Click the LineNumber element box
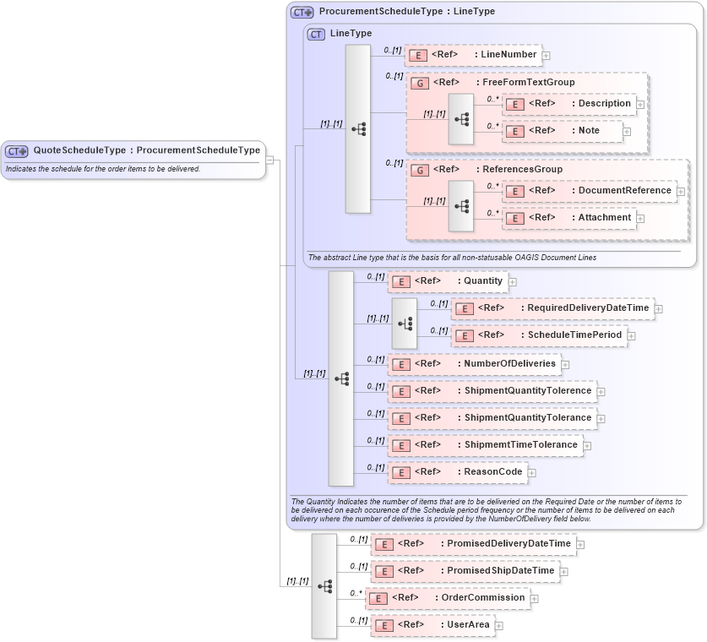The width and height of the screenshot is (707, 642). tap(473, 55)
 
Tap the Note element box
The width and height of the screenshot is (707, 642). tap(562, 131)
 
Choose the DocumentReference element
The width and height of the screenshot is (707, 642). tap(589, 191)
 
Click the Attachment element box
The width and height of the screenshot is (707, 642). tap(568, 218)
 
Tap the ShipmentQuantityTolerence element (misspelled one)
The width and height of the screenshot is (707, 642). tap(491, 391)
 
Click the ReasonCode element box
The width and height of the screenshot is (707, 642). tap(457, 472)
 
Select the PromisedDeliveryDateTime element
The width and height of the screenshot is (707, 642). tap(474, 544)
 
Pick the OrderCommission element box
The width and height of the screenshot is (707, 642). tap(447, 598)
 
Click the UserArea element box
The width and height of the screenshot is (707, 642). tap(433, 625)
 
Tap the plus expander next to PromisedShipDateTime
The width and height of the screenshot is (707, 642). tap(564, 572)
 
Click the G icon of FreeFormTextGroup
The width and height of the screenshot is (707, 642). tap(419, 84)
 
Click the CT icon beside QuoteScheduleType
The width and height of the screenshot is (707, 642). tap(17, 151)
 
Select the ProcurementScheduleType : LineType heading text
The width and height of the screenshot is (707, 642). tap(407, 12)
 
